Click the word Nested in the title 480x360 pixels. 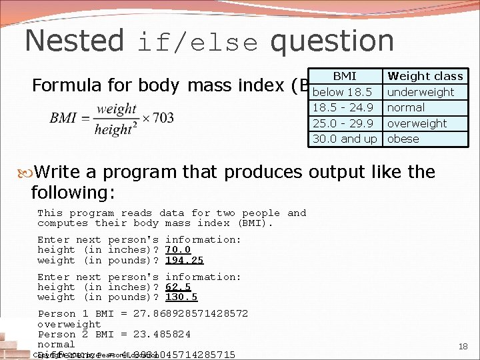(x=74, y=41)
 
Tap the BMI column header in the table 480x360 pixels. (x=344, y=76)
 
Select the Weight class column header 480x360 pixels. (x=425, y=76)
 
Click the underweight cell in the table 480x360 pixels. (x=420, y=92)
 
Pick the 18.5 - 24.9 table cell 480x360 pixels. (x=342, y=107)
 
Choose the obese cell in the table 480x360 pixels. (x=403, y=139)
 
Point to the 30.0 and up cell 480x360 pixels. (x=345, y=139)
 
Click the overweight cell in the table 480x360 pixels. (x=417, y=123)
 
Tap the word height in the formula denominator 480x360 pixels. (x=110, y=129)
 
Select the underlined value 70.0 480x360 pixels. (x=178, y=250)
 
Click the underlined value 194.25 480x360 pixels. (x=185, y=260)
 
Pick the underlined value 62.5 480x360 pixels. (x=178, y=287)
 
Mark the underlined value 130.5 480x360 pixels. (x=181, y=297)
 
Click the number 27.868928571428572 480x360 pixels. (x=191, y=313)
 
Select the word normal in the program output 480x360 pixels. (x=56, y=344)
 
